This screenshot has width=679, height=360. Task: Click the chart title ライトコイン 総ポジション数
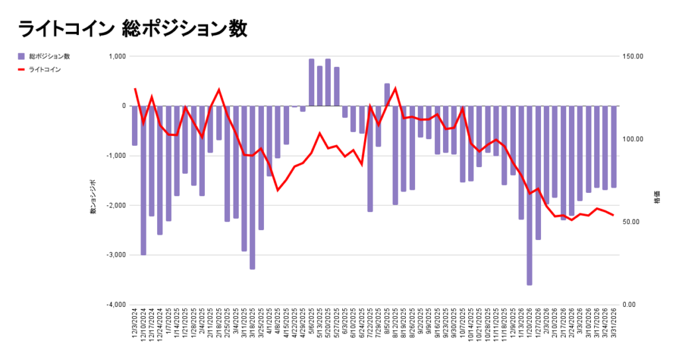[x=133, y=29]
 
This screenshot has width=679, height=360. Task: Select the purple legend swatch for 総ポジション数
[x=21, y=56]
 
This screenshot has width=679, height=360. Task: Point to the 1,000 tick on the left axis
[x=116, y=56]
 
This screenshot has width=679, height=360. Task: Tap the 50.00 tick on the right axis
[x=634, y=222]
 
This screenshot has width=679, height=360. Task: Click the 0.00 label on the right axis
[x=633, y=305]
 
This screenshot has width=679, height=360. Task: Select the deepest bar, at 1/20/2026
[x=529, y=196]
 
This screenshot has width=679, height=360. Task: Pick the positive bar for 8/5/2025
[x=387, y=95]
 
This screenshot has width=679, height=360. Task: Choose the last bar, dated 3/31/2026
[x=613, y=147]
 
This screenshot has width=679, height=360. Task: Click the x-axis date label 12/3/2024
[x=135, y=325]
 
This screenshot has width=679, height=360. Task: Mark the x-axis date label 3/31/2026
[x=614, y=325]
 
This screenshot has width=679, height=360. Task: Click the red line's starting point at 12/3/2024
[x=135, y=89]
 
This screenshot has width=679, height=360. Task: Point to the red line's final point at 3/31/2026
[x=613, y=215]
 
